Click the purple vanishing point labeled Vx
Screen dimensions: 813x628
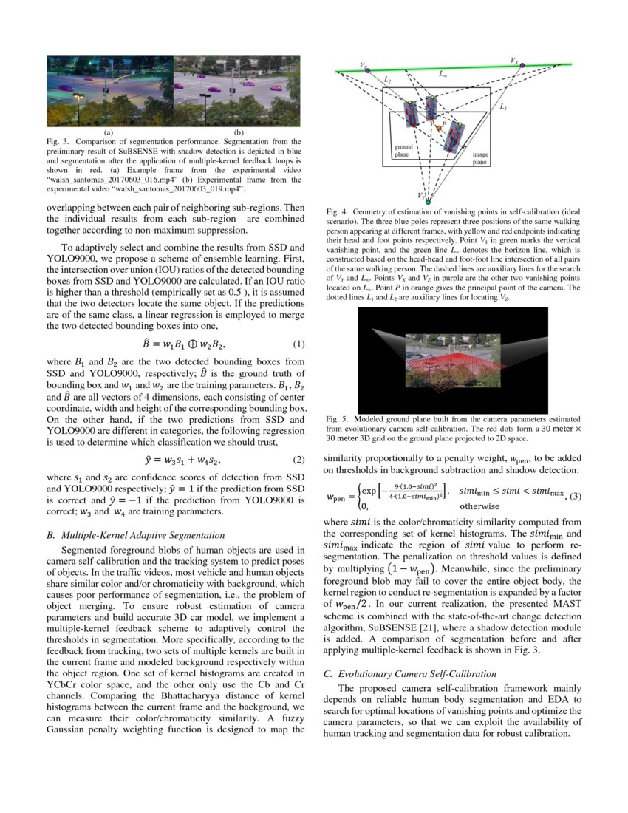coord(522,65)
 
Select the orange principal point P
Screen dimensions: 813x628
coord(438,128)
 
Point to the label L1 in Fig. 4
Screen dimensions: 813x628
coord(503,107)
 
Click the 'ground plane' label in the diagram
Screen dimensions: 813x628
coord(403,152)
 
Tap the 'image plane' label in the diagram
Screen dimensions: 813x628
coord(479,158)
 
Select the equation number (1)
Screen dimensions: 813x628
coord(298,324)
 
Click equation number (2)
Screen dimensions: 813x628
coord(298,459)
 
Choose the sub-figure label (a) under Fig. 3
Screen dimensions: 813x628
coord(109,132)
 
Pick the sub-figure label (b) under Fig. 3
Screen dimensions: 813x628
coord(238,132)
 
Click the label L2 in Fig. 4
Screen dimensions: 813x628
coord(389,79)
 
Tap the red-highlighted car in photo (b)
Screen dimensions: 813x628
coord(276,87)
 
